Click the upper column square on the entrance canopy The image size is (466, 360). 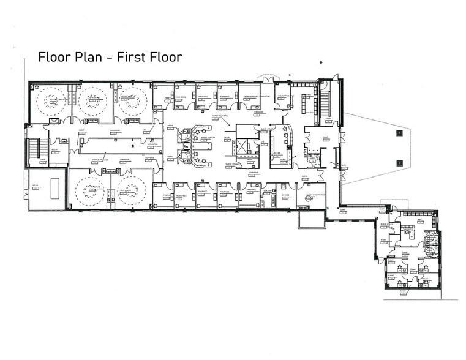pos(399,131)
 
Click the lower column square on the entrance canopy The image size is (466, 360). pos(399,162)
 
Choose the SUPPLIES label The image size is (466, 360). pos(149,157)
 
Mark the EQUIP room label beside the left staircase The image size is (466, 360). pos(54,149)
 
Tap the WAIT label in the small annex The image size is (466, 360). pos(419,219)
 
